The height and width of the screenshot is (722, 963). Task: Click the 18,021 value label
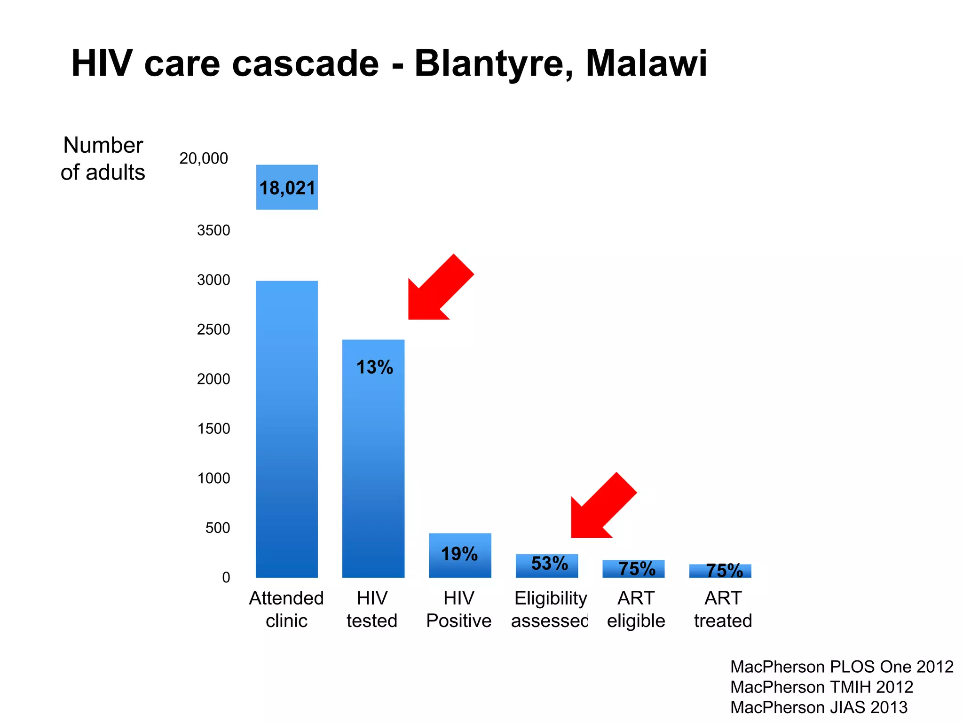(287, 188)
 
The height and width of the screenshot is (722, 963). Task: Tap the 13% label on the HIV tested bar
(374, 367)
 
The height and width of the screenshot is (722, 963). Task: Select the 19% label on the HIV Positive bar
(459, 554)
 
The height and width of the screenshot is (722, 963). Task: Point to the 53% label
(549, 563)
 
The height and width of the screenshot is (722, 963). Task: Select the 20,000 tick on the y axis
(203, 158)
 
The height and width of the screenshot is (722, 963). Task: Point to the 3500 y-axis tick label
(213, 230)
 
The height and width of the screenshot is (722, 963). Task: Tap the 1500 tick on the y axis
(213, 429)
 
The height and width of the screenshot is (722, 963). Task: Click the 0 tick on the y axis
(226, 577)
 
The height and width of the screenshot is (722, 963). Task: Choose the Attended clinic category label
(286, 609)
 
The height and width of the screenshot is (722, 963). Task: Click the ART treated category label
(723, 609)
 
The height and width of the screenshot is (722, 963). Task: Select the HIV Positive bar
(460, 556)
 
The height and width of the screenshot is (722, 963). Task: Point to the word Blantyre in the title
(493, 63)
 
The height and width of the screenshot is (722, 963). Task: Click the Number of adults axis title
(103, 159)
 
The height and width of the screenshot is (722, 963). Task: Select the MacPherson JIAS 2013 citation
(819, 707)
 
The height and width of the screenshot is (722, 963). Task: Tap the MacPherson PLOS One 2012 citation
(841, 667)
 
